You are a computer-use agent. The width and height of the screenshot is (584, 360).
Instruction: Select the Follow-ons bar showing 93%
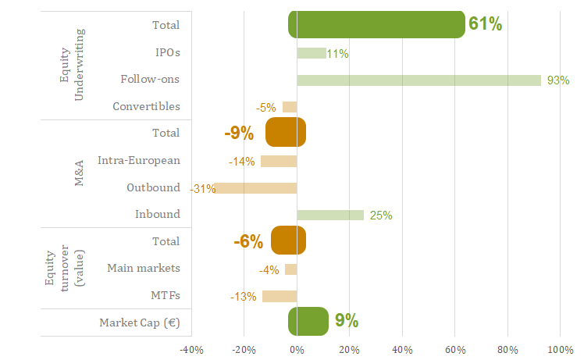coord(418,80)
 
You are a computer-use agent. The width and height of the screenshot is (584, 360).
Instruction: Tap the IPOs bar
coord(311,53)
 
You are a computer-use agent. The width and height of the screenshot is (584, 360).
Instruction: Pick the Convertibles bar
coord(290,107)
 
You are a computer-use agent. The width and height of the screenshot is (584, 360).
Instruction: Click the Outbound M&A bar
coord(255,188)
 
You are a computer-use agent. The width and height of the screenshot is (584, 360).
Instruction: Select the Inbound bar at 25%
coord(330,215)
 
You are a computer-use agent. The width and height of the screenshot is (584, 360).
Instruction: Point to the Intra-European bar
coord(279,162)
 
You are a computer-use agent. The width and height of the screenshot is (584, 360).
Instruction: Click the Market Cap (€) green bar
coord(308,321)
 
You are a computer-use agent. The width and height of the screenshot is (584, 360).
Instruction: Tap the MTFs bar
coord(280,296)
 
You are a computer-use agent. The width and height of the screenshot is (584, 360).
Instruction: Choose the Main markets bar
coord(290,269)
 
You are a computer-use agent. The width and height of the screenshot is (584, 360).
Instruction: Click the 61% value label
coord(485,24)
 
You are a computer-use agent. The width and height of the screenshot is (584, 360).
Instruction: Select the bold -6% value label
coord(248,241)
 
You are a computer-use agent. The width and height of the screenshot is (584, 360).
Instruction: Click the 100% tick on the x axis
coord(560,349)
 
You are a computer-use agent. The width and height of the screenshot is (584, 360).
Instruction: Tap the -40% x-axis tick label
coord(191,349)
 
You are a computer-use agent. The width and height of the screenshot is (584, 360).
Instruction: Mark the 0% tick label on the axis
coord(297,349)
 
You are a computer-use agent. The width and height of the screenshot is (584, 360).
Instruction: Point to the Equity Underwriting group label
coord(72,65)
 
